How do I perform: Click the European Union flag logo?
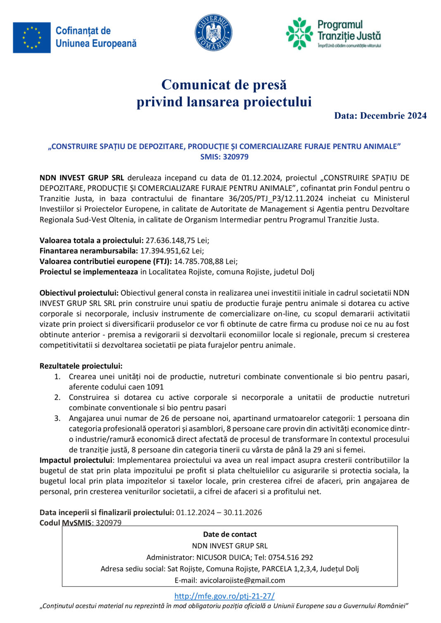32,38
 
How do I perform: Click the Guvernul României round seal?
213,33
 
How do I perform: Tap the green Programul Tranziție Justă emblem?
300,33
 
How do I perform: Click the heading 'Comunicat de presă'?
224,85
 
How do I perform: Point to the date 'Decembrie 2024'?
393,116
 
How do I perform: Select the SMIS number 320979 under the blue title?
236,157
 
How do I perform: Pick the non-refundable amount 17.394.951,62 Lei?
172,251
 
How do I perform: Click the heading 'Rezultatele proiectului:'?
81,366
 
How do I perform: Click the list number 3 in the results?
57,419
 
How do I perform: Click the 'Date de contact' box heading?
230,535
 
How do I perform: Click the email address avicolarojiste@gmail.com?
242,580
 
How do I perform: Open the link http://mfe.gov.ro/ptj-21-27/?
224,596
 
